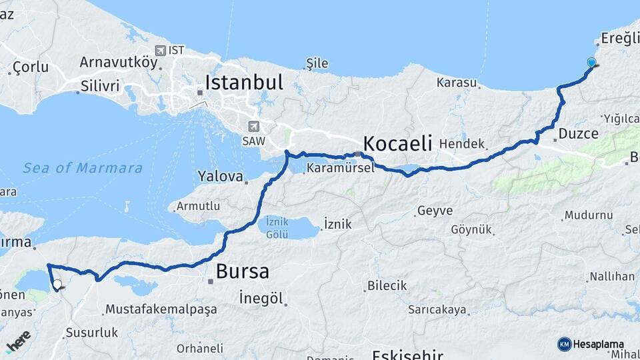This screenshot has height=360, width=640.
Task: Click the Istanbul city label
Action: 244,83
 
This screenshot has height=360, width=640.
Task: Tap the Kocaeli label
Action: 397,143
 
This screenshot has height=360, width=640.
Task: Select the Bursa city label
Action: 243,272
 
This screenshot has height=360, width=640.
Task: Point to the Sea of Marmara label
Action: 83,168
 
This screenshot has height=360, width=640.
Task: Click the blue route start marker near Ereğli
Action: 591,63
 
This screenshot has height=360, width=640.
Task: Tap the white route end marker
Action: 57,285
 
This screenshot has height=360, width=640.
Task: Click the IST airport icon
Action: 160,50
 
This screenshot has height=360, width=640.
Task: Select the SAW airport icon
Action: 253,125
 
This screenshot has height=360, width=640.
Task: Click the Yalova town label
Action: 219,177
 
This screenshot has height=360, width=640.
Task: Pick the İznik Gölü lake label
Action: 277,227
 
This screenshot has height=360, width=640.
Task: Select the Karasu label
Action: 457,83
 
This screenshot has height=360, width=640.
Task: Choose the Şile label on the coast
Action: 317,64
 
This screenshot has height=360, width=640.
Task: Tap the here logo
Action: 18,342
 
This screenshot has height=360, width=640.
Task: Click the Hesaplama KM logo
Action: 595,344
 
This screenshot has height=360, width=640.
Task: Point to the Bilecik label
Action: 387,286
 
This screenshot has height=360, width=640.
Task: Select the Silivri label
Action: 100,85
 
